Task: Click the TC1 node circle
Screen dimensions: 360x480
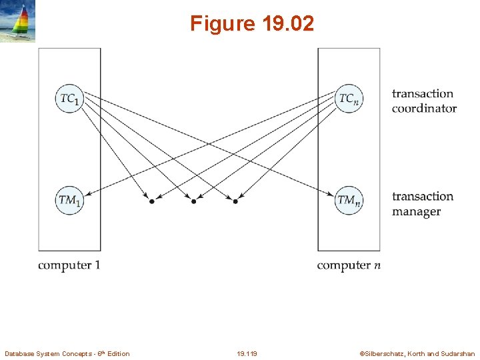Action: (69, 99)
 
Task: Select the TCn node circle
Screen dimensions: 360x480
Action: (349, 99)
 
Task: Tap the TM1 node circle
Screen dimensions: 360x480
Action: (69, 200)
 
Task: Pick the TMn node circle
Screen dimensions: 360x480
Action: (349, 200)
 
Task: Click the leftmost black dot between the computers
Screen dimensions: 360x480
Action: (151, 201)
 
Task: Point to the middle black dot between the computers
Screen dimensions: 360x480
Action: (193, 201)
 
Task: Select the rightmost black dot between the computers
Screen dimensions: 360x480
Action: (235, 201)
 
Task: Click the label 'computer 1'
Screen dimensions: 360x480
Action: (69, 265)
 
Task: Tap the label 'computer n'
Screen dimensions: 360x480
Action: (349, 265)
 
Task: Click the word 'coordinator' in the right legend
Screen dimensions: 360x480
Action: (424, 109)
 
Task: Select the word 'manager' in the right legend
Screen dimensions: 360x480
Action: (416, 212)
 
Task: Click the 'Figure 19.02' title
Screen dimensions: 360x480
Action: (251, 24)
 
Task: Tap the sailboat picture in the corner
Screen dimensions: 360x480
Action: (18, 21)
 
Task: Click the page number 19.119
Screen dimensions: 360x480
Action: (247, 353)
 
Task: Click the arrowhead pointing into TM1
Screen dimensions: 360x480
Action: (88, 194)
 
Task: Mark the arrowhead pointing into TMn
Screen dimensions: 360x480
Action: (331, 194)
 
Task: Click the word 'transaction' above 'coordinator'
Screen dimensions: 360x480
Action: (422, 94)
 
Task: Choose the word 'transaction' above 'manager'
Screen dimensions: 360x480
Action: (422, 197)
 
